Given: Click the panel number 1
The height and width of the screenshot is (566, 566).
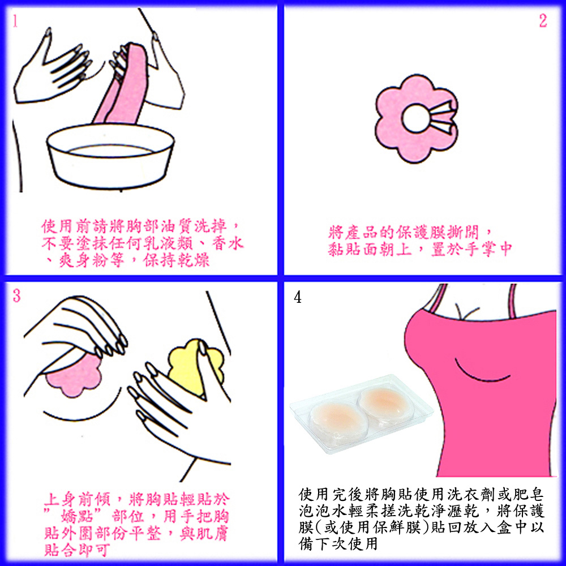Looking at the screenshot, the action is click(15, 21).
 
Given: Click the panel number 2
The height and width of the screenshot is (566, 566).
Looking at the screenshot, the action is click(543, 20).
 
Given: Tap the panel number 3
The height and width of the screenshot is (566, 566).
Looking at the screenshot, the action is click(16, 295).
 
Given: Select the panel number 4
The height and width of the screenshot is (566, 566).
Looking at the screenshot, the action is click(298, 298).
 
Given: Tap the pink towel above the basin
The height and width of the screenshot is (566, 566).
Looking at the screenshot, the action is click(123, 87).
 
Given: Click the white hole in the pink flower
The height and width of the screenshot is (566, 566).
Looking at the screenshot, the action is click(415, 118).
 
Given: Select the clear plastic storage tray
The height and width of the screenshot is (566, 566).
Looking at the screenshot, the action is click(361, 413).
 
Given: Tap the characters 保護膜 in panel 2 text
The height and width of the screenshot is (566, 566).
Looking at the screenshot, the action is click(421, 233).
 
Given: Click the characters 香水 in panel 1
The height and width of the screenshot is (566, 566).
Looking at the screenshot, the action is click(228, 243).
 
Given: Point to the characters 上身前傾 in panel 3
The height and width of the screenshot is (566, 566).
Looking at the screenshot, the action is click(77, 500).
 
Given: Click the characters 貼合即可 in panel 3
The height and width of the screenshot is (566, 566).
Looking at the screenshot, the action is click(77, 550).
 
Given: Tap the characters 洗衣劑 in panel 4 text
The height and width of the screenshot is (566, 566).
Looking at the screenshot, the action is click(471, 494).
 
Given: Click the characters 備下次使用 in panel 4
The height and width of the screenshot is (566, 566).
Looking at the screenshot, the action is click(338, 543).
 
